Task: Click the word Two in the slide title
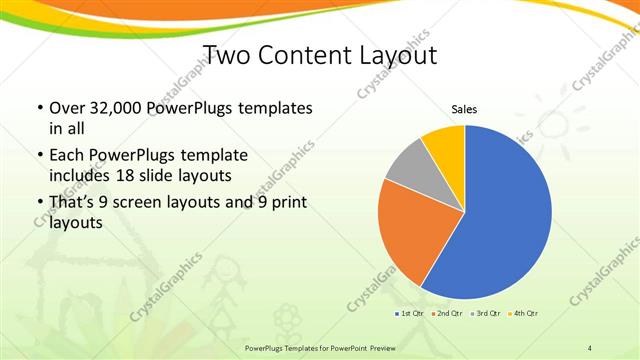(x=228, y=53)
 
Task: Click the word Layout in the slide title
(x=399, y=53)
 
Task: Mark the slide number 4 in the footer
(x=590, y=347)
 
